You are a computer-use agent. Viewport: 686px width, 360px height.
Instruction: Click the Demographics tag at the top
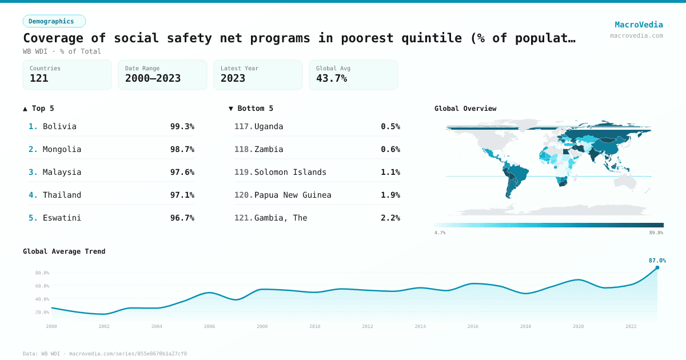pos(54,21)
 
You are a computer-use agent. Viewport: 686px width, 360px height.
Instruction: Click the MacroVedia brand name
pos(639,25)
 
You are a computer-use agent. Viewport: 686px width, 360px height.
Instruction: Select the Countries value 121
pos(39,78)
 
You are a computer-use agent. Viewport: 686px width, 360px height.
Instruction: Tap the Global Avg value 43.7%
pos(332,78)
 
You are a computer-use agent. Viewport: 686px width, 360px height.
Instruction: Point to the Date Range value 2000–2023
pos(153,78)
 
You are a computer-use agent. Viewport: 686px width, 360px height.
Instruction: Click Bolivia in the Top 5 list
pos(59,126)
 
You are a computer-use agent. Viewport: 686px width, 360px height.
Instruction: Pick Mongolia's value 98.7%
pos(182,149)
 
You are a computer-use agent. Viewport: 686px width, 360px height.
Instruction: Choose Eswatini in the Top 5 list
pos(62,218)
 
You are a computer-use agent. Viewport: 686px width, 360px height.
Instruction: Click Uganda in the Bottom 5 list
pos(269,126)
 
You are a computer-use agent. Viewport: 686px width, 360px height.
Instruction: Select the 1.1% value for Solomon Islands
pos(390,172)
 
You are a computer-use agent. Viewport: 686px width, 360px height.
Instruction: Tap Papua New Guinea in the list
pos(293,195)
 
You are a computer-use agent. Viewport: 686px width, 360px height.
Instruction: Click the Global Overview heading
pos(465,109)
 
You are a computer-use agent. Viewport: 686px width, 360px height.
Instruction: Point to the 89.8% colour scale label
pos(656,233)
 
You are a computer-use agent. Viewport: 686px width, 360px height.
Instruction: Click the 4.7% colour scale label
pos(440,233)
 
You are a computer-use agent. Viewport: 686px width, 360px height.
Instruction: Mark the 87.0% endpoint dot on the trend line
pos(657,267)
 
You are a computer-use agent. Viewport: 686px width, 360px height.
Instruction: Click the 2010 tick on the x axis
pos(315,326)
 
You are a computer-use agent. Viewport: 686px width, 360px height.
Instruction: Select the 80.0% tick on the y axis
pos(42,273)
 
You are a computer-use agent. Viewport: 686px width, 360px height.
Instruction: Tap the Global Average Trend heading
pos(64,251)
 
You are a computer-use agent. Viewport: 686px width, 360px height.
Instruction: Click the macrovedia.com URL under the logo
pos(636,35)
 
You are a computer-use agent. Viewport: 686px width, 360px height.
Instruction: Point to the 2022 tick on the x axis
pos(631,326)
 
